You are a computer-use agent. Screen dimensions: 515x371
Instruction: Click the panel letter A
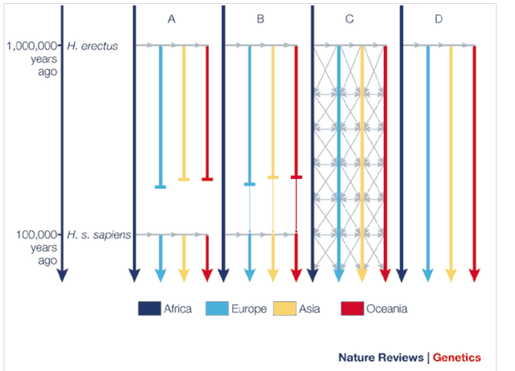pos(171,19)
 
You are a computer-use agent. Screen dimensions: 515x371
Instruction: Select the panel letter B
pos(260,19)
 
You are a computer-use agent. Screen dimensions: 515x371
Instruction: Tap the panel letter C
pos(349,19)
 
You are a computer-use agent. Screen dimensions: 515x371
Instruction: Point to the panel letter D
pos(438,19)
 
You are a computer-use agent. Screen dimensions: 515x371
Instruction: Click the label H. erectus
pos(92,46)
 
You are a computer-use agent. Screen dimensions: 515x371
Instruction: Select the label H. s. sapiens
pos(99,235)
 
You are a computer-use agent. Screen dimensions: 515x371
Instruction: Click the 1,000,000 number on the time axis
pos(32,46)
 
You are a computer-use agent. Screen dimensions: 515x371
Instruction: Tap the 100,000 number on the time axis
pos(37,235)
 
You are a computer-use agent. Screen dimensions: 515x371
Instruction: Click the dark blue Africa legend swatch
pos(149,309)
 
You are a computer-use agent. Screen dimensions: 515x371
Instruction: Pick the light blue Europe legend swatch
pos(217,309)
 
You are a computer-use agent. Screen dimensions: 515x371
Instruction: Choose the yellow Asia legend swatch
pos(284,309)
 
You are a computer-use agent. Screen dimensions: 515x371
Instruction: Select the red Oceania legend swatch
pos(352,309)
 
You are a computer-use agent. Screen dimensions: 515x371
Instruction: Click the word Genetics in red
pos(457,357)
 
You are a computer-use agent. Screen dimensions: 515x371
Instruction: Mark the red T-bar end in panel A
pos(207,179)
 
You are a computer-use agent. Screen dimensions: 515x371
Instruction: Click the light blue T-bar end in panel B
pos(250,184)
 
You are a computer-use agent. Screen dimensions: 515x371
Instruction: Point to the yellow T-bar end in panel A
pos(184,179)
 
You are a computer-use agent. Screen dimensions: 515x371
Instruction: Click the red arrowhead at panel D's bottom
pos(474,275)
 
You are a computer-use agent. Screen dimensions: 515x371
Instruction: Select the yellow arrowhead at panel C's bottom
pos(362,275)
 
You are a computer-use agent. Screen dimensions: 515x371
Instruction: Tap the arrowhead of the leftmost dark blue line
pos(62,275)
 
